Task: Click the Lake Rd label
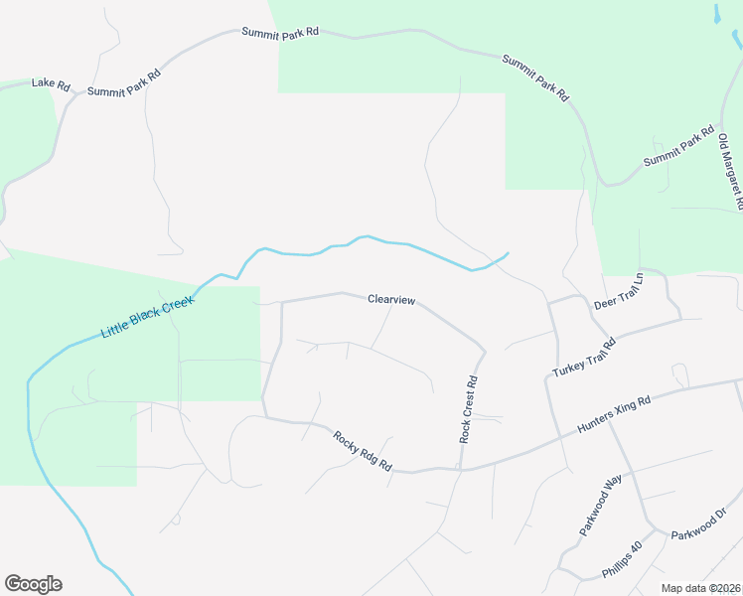coord(50,83)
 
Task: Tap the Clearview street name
coord(391,299)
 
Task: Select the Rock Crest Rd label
coord(469,409)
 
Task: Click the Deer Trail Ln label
coord(619,291)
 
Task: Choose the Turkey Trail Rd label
coord(584,358)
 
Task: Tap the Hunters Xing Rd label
coord(614,415)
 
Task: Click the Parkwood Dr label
coord(699,523)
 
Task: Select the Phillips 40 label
coord(623,560)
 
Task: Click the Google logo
coord(33,583)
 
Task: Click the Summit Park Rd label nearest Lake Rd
coord(124,82)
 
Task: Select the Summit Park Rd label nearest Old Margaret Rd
coord(678,146)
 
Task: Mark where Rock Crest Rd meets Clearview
coord(484,351)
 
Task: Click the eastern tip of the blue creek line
coord(509,253)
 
